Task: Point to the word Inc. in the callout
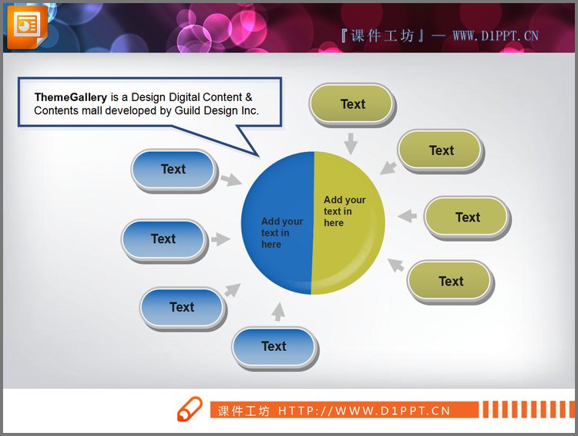tap(248, 110)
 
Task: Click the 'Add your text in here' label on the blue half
tap(281, 232)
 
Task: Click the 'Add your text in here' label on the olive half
tap(344, 211)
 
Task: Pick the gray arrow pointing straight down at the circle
tap(351, 143)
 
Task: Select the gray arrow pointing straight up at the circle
tap(278, 311)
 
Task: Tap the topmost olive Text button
tap(352, 104)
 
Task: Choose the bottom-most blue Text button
tap(274, 346)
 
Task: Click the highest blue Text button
tap(173, 170)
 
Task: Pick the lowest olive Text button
tap(451, 281)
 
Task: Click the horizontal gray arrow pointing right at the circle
tap(220, 239)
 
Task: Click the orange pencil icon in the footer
tap(190, 410)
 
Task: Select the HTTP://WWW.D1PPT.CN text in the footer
tap(364, 411)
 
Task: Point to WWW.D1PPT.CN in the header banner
tap(495, 35)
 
